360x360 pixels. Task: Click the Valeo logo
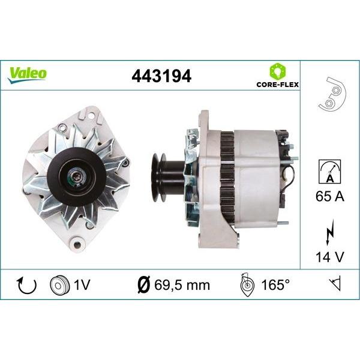point(27,74)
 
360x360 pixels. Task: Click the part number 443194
point(161,76)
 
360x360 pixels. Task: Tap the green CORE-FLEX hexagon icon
point(278,71)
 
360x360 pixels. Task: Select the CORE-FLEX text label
point(278,85)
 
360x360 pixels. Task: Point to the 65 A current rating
point(330,196)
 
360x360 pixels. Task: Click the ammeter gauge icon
point(329,171)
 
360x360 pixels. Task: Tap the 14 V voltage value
point(330,257)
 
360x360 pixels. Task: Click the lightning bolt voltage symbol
point(329,232)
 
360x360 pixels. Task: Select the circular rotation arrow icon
point(27,286)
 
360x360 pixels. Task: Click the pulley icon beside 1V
point(59,285)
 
